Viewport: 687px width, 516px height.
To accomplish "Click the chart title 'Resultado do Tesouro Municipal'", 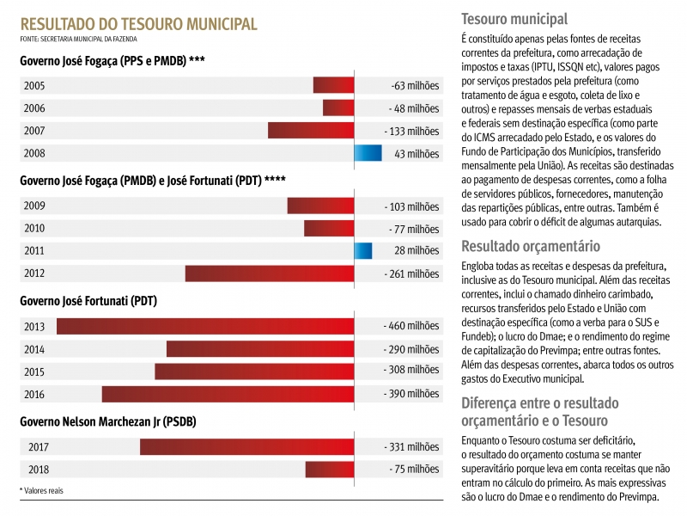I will (x=138, y=23).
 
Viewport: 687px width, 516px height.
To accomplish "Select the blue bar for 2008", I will (x=368, y=153).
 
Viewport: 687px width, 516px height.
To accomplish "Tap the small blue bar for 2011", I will (x=363, y=250).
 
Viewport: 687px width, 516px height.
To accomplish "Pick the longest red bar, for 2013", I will (x=205, y=326).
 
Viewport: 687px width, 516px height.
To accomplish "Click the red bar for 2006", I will (x=338, y=107).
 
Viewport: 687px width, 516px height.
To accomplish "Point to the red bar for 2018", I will (x=330, y=469).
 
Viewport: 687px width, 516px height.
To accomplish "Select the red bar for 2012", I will (x=270, y=273).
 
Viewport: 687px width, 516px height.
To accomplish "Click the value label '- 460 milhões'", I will (x=411, y=327).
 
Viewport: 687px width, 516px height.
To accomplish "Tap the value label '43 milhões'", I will (x=416, y=154).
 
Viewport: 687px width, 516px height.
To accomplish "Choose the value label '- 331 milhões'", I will (x=411, y=447).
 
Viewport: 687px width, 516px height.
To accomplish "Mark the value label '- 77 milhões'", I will (x=414, y=229).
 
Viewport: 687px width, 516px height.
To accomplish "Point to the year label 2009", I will (x=35, y=206).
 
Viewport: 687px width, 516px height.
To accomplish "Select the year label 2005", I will (x=35, y=85).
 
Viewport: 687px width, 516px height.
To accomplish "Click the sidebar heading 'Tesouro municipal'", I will (x=514, y=19).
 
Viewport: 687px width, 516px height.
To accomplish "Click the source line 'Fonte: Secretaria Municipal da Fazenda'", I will (x=78, y=39).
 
